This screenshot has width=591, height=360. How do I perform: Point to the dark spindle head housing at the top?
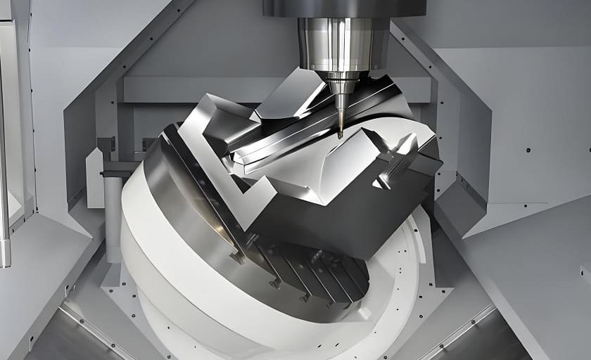pos(344,8)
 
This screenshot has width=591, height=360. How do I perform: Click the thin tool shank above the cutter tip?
pos(341,112)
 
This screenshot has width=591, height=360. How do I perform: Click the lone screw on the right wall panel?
pos(528,150)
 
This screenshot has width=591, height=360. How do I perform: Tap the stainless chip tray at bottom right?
pos(493,337)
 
